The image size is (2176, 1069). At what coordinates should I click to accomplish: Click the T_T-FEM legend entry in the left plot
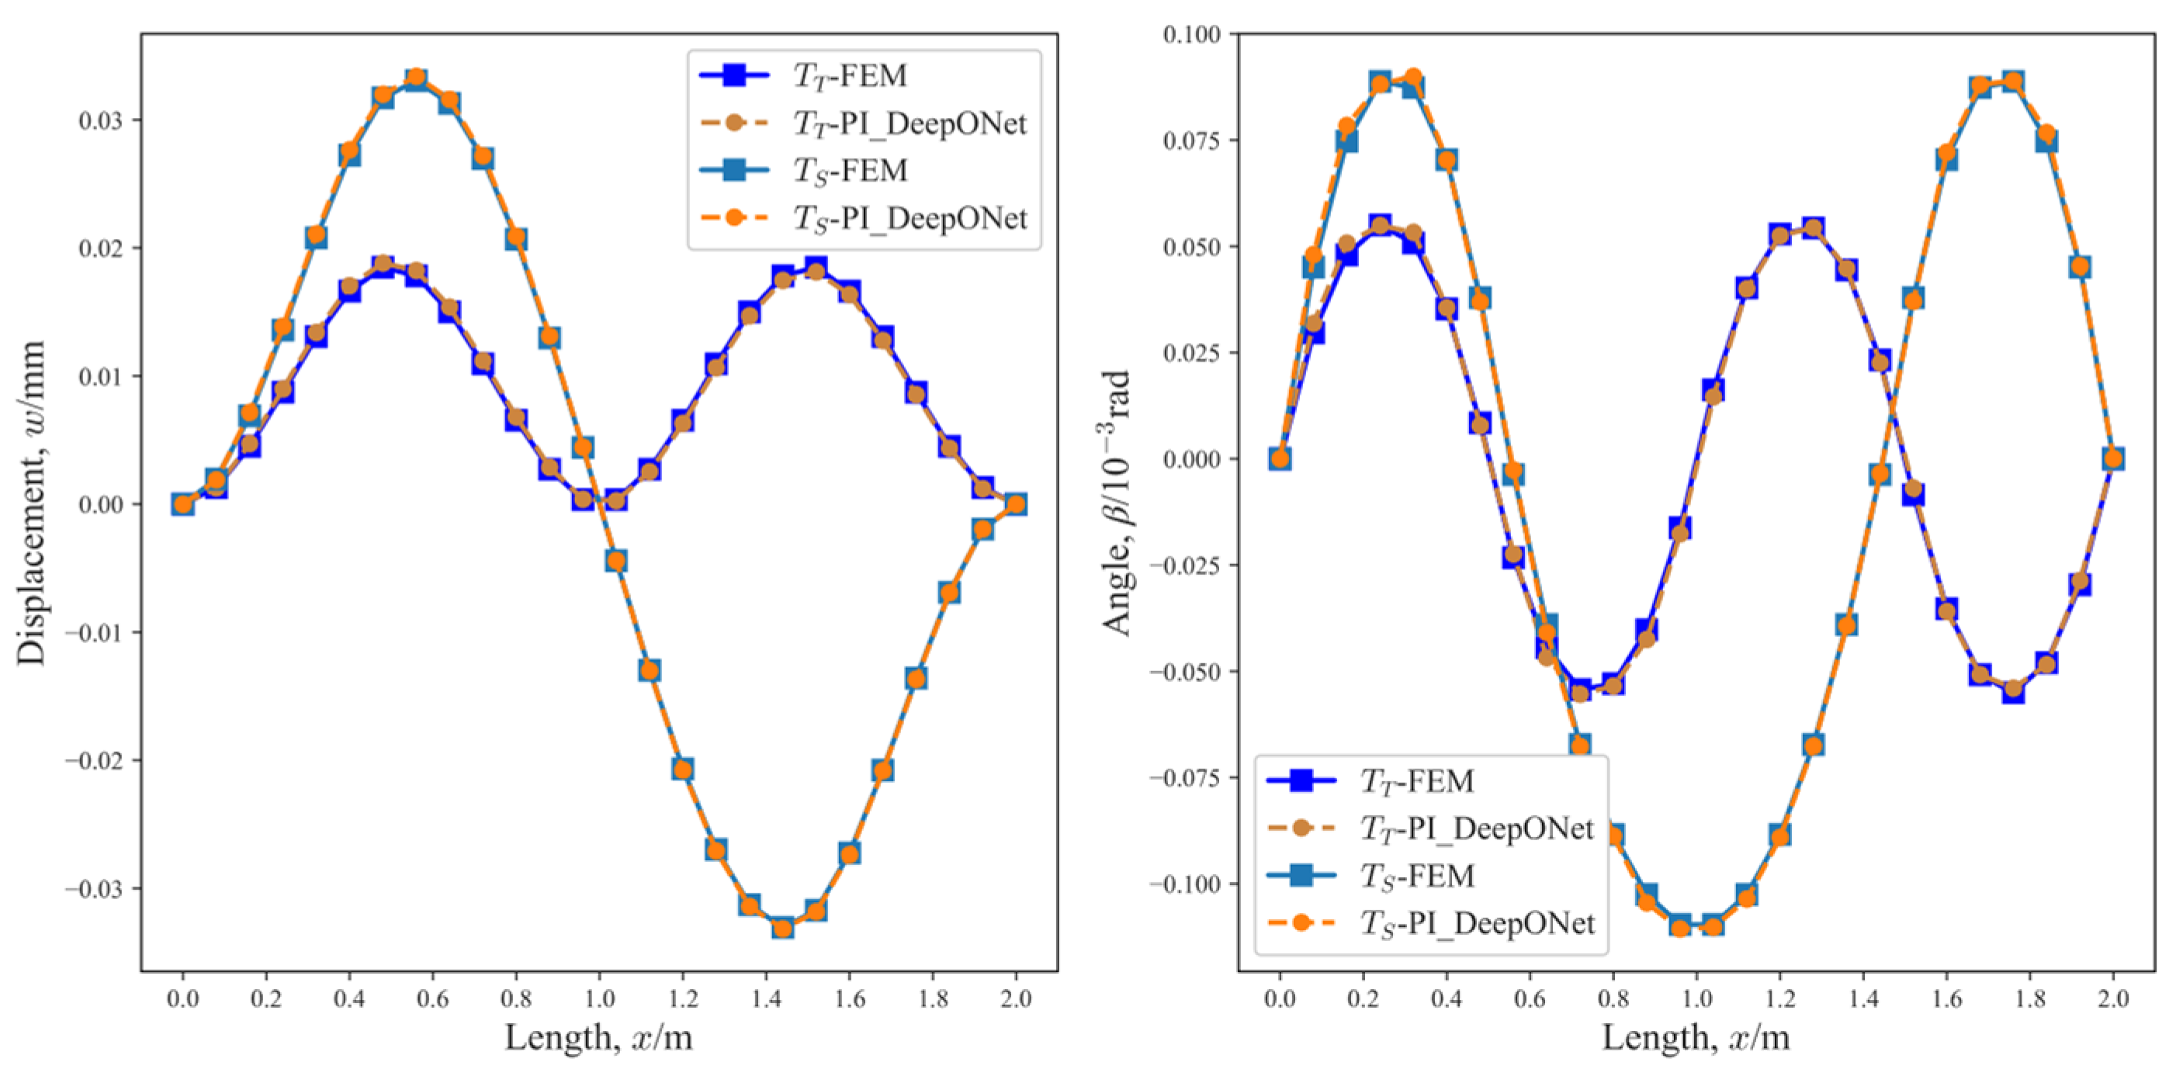point(849,76)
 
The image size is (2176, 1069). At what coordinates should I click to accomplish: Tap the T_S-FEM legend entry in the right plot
point(1416,876)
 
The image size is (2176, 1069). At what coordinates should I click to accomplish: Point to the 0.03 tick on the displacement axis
point(99,121)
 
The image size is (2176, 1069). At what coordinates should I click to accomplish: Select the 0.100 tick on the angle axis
point(1191,35)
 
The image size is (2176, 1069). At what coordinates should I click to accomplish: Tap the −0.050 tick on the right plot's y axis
point(1184,672)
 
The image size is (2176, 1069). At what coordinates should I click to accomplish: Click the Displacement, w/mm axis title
point(31,503)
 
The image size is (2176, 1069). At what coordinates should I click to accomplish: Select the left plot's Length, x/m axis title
point(598,1037)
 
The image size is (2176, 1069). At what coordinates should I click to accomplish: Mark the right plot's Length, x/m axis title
point(1696,1037)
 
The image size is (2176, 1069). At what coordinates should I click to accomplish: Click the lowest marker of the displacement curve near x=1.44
point(782,928)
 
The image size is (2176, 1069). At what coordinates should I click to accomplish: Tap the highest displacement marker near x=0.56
point(416,78)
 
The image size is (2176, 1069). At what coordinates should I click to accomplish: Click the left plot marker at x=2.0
point(1016,504)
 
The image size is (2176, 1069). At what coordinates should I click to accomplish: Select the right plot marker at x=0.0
point(1280,458)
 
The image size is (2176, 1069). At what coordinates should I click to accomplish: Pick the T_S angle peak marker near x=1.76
point(2013,82)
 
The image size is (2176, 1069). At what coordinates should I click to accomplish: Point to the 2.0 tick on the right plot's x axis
point(2112,999)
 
